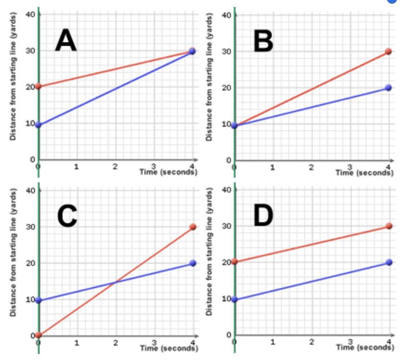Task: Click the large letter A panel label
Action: click(66, 40)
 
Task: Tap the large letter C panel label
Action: click(67, 216)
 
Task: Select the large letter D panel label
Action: click(263, 216)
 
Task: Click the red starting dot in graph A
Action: click(39, 86)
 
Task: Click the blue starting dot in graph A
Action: click(39, 125)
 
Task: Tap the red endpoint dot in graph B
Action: click(388, 51)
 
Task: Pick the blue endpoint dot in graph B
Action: click(388, 88)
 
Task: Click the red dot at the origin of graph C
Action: click(39, 335)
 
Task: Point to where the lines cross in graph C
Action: click(116, 282)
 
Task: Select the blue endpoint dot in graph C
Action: click(193, 263)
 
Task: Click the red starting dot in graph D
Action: click(235, 262)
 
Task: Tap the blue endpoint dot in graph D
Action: click(389, 262)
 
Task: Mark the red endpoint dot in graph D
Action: click(389, 226)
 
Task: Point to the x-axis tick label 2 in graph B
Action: click(311, 167)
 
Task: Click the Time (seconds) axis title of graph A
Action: click(169, 172)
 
